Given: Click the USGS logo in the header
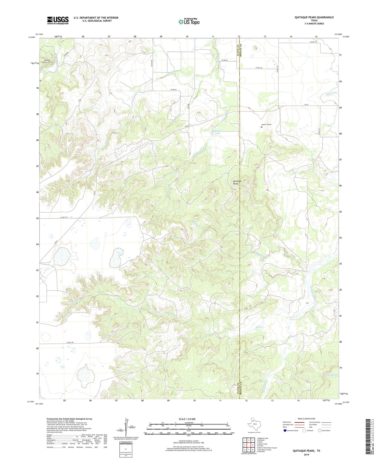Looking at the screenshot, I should [58, 20].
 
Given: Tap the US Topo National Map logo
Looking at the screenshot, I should [189, 21].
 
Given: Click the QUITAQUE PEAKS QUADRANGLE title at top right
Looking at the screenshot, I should [314, 17].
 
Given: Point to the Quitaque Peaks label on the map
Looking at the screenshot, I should [236, 182].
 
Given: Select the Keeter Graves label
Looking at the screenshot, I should [266, 124].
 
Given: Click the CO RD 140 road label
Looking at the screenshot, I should [70, 342].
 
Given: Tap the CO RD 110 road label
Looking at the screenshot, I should [64, 217].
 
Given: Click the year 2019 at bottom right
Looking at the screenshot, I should [306, 454].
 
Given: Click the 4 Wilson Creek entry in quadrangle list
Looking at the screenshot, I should [262, 444].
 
